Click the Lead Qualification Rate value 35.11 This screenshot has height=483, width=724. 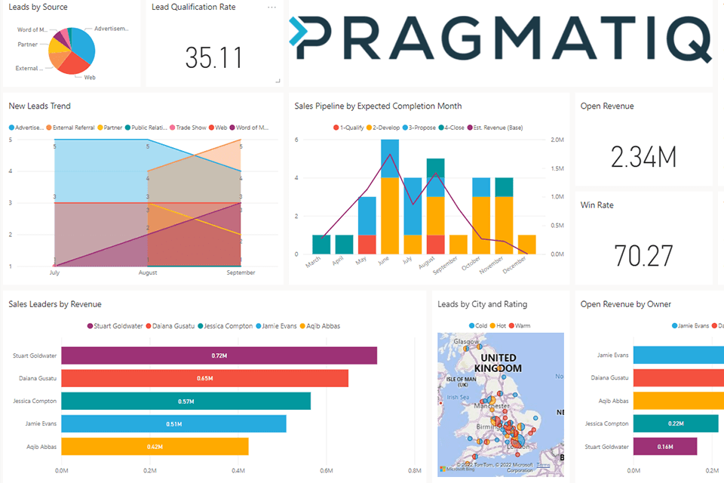pyautogui.click(x=214, y=58)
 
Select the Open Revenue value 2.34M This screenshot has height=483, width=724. pyautogui.click(x=643, y=157)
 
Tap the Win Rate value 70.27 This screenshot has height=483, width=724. pyautogui.click(x=643, y=256)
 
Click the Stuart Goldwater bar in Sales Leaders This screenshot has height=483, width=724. pyautogui.click(x=219, y=355)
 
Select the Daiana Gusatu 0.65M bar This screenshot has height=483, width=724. pyautogui.click(x=204, y=378)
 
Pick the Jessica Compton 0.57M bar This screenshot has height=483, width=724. pyautogui.click(x=186, y=401)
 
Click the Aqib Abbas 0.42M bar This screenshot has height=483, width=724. pyautogui.click(x=155, y=447)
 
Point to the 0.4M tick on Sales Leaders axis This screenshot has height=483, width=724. pyautogui.click(x=238, y=470)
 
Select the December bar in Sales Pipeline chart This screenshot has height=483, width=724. pyautogui.click(x=527, y=245)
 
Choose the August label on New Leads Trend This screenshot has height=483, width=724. pyautogui.click(x=147, y=272)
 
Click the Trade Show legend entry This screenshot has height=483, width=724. pyautogui.click(x=189, y=128)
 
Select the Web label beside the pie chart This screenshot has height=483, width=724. pyautogui.click(x=89, y=77)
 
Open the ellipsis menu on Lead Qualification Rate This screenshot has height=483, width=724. pyautogui.click(x=271, y=8)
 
